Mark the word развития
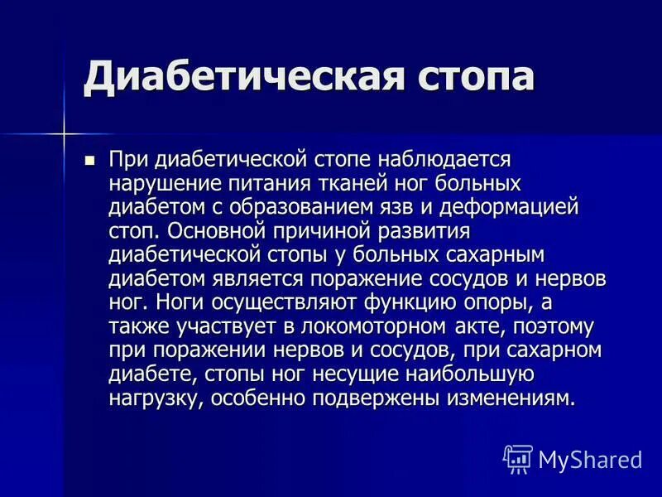(x=425, y=229)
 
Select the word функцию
(x=426, y=302)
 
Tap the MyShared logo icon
(x=517, y=458)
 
